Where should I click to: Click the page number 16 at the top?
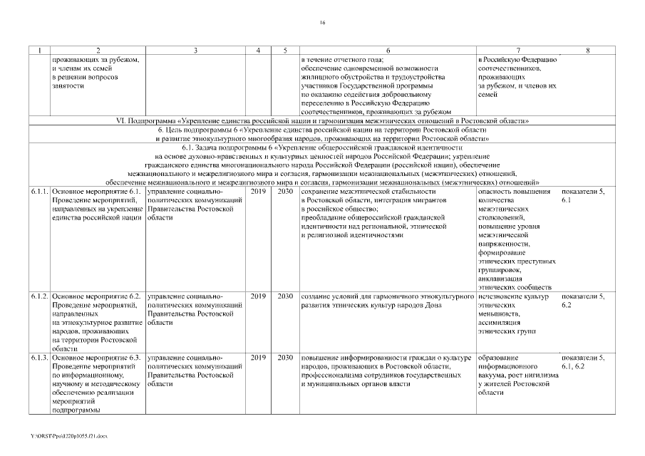pos(322,24)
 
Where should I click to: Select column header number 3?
pos(195,51)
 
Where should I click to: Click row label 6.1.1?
pos(40,192)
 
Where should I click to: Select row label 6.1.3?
pos(40,356)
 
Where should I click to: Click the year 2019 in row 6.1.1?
pos(257,192)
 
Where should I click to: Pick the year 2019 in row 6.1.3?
pos(257,356)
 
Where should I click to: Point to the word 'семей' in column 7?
pos(488,94)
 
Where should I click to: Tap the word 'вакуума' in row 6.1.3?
pos(493,375)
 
